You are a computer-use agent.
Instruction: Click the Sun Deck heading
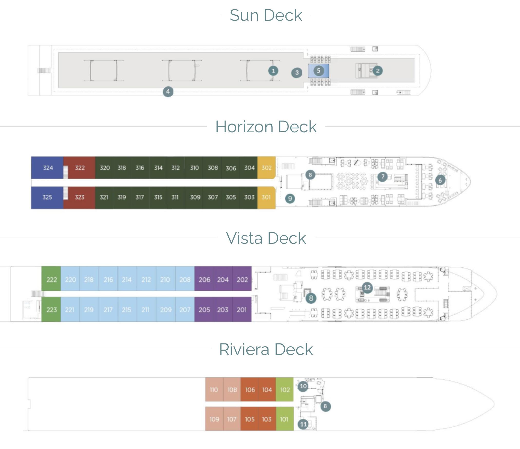click(x=266, y=15)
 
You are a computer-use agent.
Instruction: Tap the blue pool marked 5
click(x=319, y=71)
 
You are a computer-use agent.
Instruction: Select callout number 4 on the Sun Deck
click(x=168, y=92)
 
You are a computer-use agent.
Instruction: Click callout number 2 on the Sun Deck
click(x=377, y=71)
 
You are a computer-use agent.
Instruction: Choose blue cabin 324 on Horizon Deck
click(x=48, y=168)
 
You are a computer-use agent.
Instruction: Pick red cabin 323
click(x=79, y=197)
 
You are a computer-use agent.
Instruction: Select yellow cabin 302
click(x=266, y=168)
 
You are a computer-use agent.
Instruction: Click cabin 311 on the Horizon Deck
click(x=175, y=197)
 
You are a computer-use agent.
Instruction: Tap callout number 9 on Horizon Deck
click(x=290, y=198)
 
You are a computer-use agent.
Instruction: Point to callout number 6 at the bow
click(x=440, y=180)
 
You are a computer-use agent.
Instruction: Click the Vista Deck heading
click(x=266, y=238)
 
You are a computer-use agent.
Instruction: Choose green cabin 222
click(x=51, y=279)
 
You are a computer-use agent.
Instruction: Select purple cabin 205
click(x=204, y=310)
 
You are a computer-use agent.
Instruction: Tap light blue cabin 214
click(x=127, y=279)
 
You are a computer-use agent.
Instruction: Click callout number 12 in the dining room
click(x=367, y=287)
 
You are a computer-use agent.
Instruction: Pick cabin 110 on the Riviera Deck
click(x=214, y=390)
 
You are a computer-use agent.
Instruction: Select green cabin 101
click(x=284, y=419)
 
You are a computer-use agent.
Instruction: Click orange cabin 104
click(x=267, y=390)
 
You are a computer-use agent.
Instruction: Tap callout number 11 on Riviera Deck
click(x=303, y=424)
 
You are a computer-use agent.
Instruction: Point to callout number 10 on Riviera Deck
click(x=303, y=386)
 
